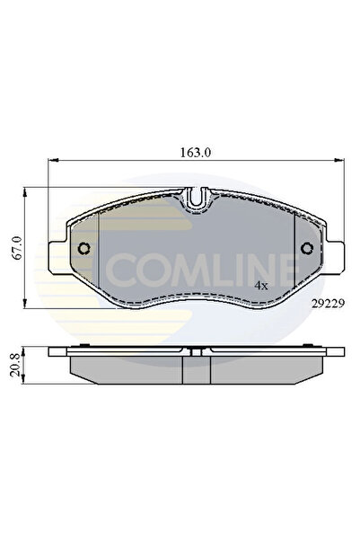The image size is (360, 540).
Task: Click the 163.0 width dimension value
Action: (194, 153)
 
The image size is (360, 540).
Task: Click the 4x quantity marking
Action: (260, 285)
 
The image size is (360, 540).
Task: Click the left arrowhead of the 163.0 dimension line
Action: (50, 164)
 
